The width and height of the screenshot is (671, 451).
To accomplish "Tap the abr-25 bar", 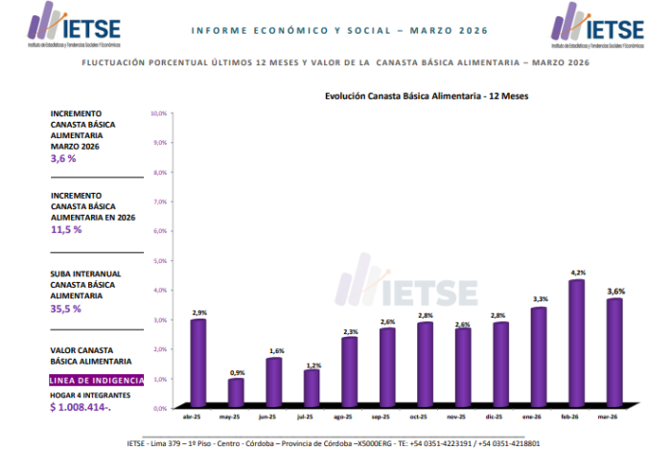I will (x=197, y=360).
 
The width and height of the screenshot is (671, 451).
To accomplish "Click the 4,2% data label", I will (x=577, y=273).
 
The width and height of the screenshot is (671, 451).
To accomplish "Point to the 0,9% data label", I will (x=235, y=372).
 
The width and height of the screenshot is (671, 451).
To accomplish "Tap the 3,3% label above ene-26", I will (x=539, y=300).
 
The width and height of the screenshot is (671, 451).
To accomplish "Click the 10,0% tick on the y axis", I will (x=159, y=113).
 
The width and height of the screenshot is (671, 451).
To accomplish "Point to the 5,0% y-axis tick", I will (x=160, y=260).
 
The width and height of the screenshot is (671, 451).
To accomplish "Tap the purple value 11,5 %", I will (x=66, y=229).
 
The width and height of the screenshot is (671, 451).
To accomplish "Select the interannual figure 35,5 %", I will (x=66, y=308).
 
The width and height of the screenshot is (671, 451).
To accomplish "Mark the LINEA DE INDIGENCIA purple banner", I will (x=97, y=380).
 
